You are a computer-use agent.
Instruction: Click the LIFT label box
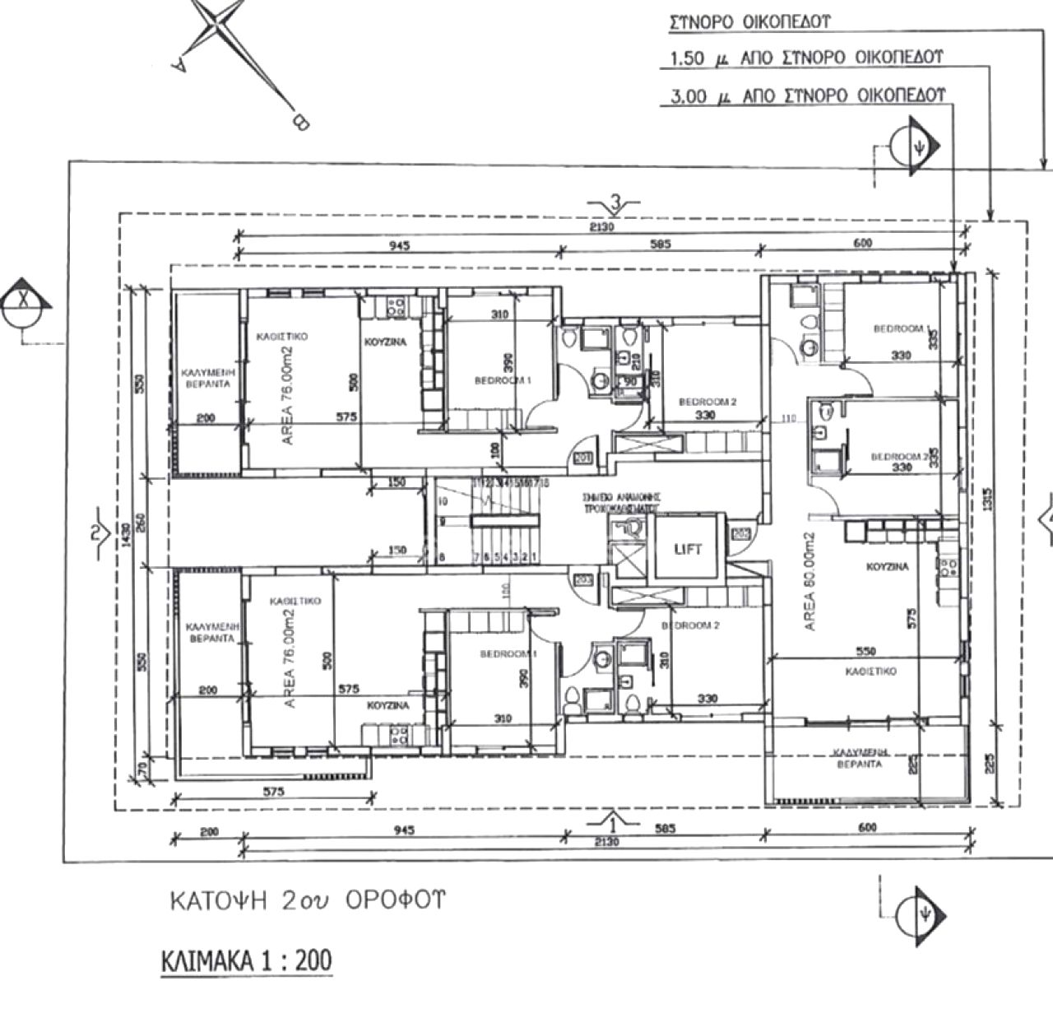(688, 549)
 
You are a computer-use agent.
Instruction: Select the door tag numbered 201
(583, 458)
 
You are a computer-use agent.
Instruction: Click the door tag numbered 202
(739, 533)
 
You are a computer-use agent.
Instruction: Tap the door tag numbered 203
(583, 580)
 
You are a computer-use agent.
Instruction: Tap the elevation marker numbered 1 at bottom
(612, 820)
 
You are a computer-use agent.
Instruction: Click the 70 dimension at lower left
(141, 768)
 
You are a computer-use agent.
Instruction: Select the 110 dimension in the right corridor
(789, 419)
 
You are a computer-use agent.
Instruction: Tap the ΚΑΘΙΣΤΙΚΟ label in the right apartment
(870, 672)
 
